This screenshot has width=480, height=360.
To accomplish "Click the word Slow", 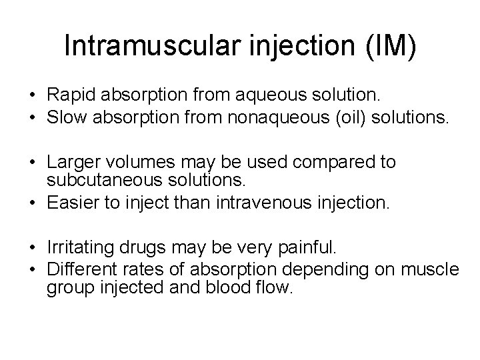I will pyautogui.click(x=65, y=119).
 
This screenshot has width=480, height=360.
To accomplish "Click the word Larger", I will pyautogui.click(x=71, y=161).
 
